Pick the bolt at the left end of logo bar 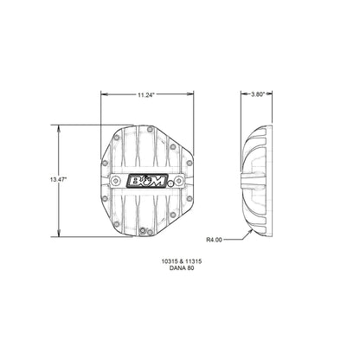click(x=117, y=180)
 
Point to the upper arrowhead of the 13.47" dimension click(x=59, y=127)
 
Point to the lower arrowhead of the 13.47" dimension click(x=59, y=235)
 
